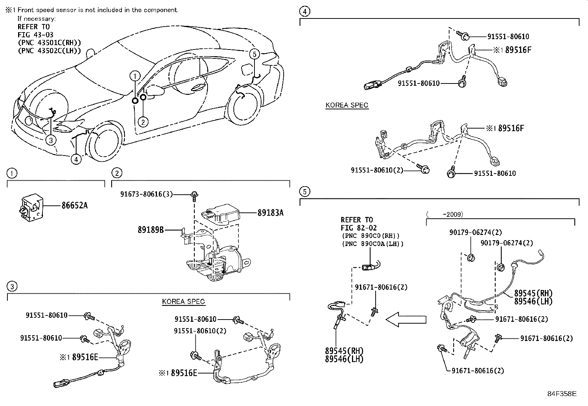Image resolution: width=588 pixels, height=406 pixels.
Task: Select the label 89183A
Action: [x=270, y=213]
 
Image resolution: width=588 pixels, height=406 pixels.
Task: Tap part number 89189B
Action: [x=151, y=230]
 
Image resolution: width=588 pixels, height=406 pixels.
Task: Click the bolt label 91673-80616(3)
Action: [x=147, y=194]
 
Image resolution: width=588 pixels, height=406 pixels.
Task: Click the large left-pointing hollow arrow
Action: [x=406, y=318]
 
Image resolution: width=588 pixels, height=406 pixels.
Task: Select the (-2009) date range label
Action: [x=445, y=214]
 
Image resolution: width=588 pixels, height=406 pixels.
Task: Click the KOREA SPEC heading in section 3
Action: [x=183, y=301]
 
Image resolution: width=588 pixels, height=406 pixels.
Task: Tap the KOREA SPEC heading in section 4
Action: [x=347, y=105]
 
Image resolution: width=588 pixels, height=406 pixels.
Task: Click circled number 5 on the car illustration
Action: [x=254, y=54]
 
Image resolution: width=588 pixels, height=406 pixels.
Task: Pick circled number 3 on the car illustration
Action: [x=51, y=140]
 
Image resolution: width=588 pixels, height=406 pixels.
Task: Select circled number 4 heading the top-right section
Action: [x=304, y=11]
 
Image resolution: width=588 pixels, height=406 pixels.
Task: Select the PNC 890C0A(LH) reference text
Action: [x=373, y=244]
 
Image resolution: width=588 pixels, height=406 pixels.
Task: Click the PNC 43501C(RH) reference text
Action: [x=49, y=43]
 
